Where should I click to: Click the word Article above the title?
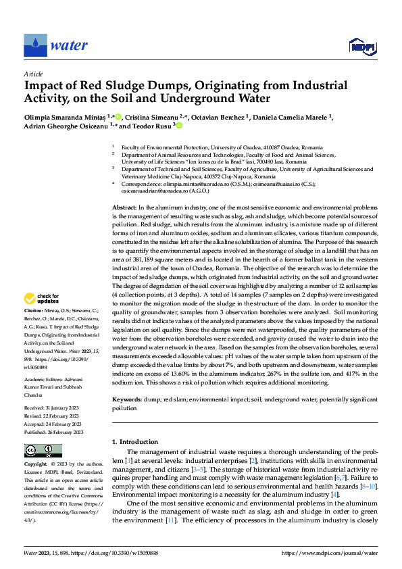click(x=33, y=74)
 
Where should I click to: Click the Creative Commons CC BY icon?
click(x=43, y=450)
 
